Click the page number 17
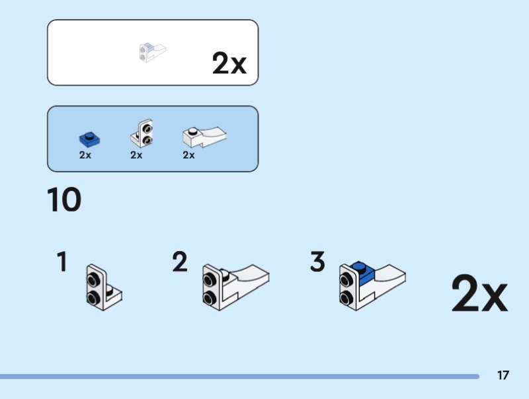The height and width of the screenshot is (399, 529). (x=503, y=375)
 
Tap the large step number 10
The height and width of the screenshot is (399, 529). (x=64, y=200)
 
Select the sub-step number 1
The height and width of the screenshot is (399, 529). (x=62, y=263)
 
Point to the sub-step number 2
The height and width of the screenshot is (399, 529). (x=180, y=263)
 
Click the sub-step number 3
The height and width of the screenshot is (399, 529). (x=317, y=263)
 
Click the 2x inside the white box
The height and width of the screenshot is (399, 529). (x=229, y=63)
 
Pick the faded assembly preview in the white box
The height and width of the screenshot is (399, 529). (x=152, y=52)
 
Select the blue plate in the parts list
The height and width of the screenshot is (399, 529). (x=89, y=139)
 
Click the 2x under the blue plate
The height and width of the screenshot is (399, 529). (x=85, y=156)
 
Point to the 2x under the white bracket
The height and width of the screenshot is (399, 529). (x=136, y=156)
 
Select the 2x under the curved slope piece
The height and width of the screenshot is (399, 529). (x=188, y=156)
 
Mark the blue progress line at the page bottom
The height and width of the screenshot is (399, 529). (x=238, y=377)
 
